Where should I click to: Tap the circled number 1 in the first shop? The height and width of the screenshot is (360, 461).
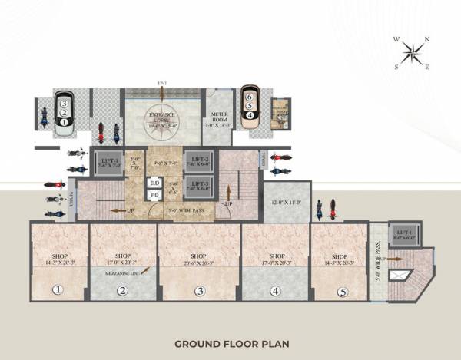(x=57, y=290)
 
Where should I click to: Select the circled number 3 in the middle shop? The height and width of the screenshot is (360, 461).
(x=199, y=291)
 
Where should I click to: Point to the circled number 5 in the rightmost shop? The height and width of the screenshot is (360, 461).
(x=342, y=291)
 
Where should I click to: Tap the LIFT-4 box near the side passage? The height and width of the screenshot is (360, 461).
(x=402, y=235)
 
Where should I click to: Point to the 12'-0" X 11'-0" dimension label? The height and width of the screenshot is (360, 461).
(x=286, y=202)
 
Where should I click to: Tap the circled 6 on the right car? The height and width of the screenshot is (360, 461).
(x=249, y=97)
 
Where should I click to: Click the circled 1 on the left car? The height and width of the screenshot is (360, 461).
(x=64, y=121)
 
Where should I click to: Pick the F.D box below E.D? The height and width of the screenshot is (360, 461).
(x=154, y=196)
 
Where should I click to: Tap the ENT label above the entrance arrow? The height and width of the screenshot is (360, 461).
(x=162, y=83)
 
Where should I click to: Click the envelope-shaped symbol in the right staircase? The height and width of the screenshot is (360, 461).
(x=399, y=273)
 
